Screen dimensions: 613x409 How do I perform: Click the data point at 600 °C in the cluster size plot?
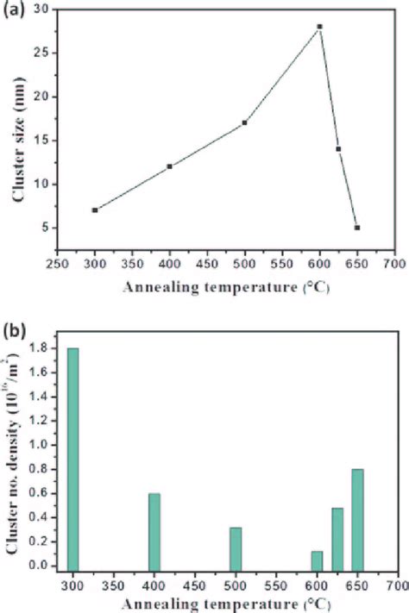click(319, 27)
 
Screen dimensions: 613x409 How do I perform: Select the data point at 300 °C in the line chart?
click(94, 210)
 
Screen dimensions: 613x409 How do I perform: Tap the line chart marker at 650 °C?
click(356, 228)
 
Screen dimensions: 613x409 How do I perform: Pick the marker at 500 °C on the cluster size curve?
click(244, 122)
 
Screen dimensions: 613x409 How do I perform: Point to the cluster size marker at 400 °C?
click(169, 166)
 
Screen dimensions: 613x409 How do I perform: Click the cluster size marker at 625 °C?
click(338, 149)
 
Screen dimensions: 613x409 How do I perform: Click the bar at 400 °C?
click(154, 529)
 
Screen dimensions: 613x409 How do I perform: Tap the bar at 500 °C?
click(236, 547)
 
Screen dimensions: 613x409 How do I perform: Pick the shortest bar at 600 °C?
click(317, 559)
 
